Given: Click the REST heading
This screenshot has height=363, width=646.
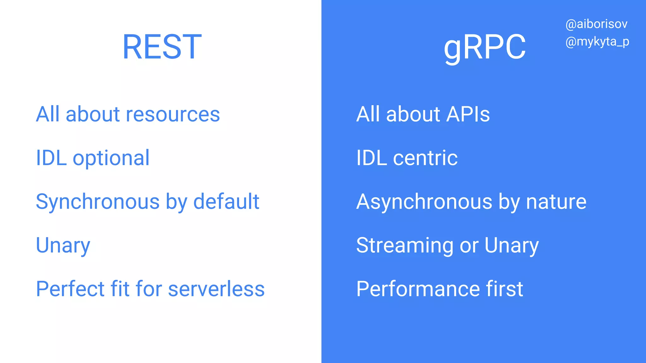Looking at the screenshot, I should click(162, 47).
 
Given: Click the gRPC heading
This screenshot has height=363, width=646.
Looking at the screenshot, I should click(485, 48).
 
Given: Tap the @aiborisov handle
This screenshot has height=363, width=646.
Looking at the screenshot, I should click(596, 24).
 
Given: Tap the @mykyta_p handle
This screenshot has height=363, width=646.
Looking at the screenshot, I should click(597, 42).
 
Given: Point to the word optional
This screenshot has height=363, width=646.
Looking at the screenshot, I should click(111, 158).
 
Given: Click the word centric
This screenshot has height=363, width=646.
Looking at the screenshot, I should click(425, 158).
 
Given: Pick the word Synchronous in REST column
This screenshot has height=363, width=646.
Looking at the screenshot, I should click(97, 202).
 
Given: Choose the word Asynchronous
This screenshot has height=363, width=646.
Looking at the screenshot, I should click(424, 202).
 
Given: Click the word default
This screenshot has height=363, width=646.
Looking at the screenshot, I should click(226, 202).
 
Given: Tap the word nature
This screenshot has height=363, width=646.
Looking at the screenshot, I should click(556, 202).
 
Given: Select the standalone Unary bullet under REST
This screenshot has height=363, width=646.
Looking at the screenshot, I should click(63, 245).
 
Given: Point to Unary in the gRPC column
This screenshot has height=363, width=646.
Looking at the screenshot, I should click(511, 245).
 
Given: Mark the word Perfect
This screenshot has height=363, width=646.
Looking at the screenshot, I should click(70, 289).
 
